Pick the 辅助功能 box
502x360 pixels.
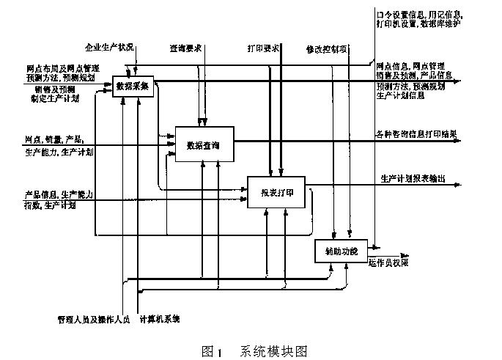pyautogui.click(x=341, y=251)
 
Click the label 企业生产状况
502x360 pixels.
pyautogui.click(x=109, y=48)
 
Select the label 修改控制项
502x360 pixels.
pyautogui.click(x=327, y=49)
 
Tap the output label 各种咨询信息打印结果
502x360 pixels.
pyautogui.click(x=416, y=133)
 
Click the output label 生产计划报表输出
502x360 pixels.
pyautogui.click(x=413, y=178)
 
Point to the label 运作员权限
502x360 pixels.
pyautogui.click(x=388, y=262)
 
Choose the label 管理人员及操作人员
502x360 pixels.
pyautogui.click(x=93, y=319)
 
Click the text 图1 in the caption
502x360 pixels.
pyautogui.click(x=211, y=350)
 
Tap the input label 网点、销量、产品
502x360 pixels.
pyautogui.click(x=53, y=139)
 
